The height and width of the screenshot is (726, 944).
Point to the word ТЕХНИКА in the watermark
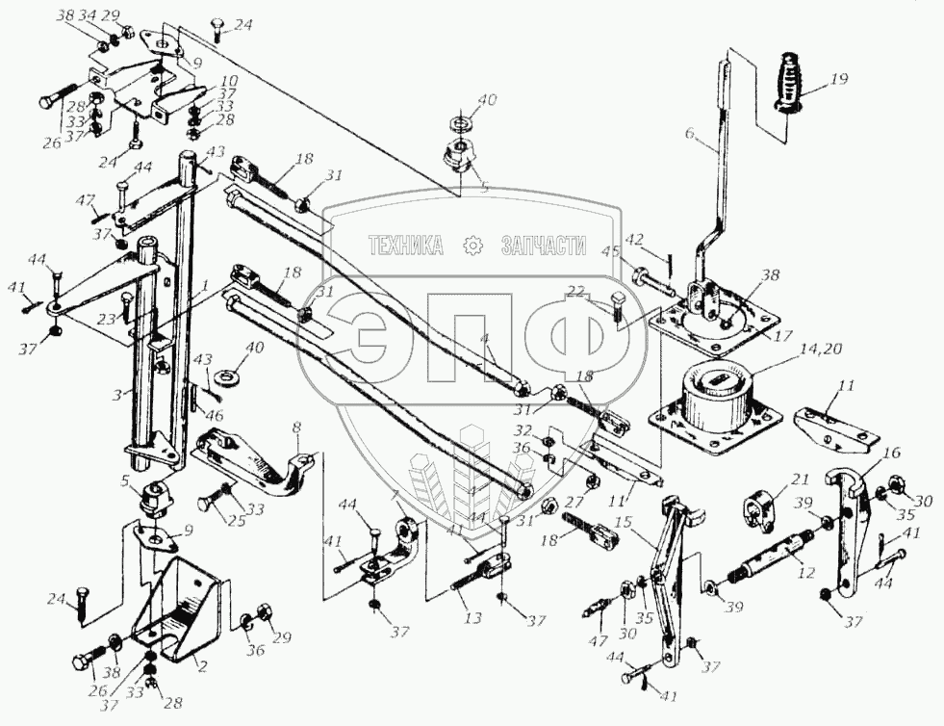pos(405,246)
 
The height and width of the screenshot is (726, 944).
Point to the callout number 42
pos(661,241)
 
